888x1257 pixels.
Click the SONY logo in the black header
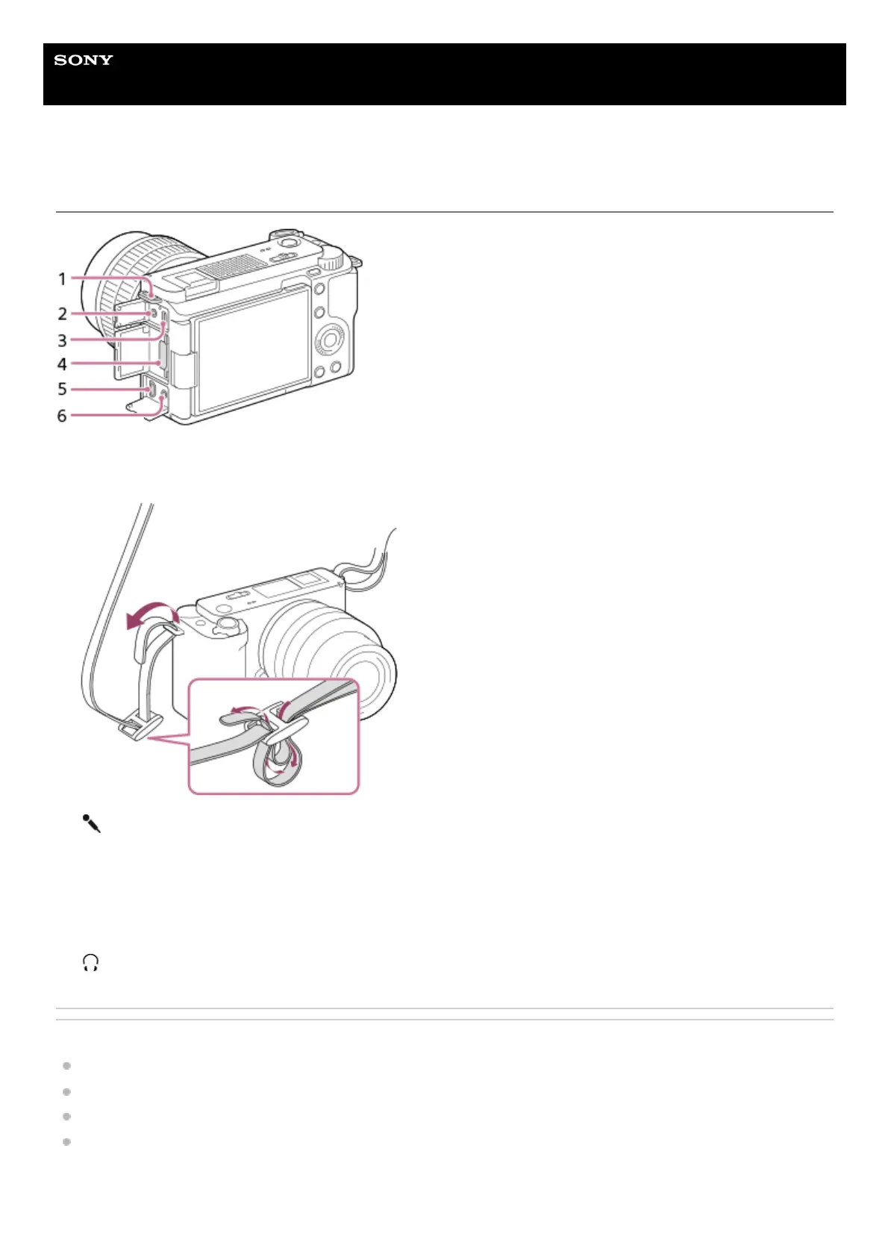(84, 60)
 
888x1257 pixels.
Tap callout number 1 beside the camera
(63, 279)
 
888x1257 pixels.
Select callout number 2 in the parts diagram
(63, 314)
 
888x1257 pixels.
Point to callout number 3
(63, 340)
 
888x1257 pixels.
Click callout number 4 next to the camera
(63, 364)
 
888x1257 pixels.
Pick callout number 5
(63, 389)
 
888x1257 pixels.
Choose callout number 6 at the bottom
(63, 416)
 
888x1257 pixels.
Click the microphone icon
(91, 824)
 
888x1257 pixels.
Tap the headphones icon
(91, 962)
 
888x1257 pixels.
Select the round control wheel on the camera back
(329, 340)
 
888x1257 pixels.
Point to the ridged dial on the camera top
(333, 261)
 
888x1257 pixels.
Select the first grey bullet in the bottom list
(66, 1066)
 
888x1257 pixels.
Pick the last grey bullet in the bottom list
(66, 1142)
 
